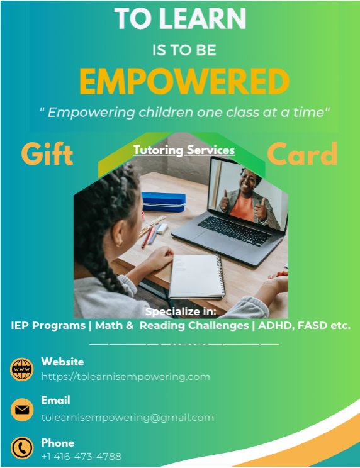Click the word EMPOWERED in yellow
click(x=184, y=81)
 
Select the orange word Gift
click(x=47, y=154)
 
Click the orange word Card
click(x=302, y=154)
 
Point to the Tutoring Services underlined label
click(x=184, y=150)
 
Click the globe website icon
click(x=22, y=369)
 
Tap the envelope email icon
click(x=22, y=409)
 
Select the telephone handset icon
click(x=22, y=448)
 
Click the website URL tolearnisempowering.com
click(x=125, y=376)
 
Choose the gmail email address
click(x=128, y=417)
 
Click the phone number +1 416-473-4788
click(x=81, y=456)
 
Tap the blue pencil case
click(x=163, y=201)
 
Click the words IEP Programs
click(x=48, y=326)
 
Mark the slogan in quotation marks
click(x=184, y=113)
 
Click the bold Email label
click(x=55, y=400)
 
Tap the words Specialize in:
click(x=181, y=311)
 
